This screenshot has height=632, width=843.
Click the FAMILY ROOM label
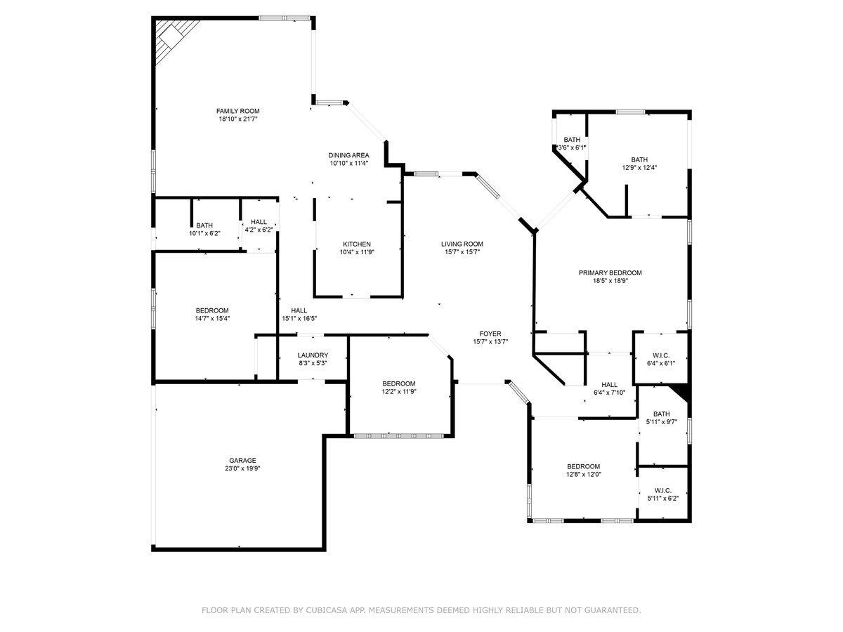click(x=237, y=111)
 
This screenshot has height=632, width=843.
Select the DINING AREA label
click(x=348, y=155)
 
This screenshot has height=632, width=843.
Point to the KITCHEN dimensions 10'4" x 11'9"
click(x=357, y=252)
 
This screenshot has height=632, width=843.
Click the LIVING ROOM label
click(x=462, y=244)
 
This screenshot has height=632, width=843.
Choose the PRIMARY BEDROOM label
click(x=610, y=273)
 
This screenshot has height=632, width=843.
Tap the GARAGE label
click(x=243, y=461)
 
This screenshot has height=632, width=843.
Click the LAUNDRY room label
click(x=313, y=355)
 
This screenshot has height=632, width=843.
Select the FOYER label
click(x=490, y=334)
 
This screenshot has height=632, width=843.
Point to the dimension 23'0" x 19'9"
click(x=243, y=468)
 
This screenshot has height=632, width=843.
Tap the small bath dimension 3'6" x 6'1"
click(x=571, y=147)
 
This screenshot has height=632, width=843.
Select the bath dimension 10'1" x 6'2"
click(x=204, y=233)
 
